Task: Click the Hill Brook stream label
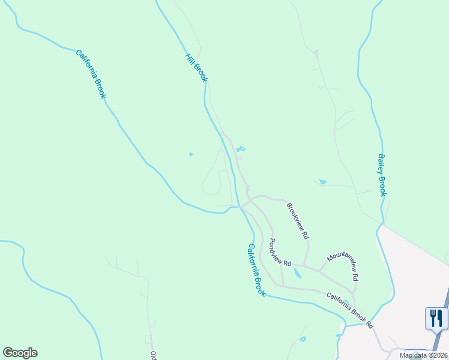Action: click(196, 68)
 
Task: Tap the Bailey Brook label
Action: click(382, 175)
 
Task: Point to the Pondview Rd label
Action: click(279, 253)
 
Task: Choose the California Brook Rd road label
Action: click(349, 310)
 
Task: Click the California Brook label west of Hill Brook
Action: click(91, 74)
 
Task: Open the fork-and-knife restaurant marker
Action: click(436, 317)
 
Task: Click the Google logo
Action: click(20, 353)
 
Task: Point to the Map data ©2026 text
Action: click(423, 355)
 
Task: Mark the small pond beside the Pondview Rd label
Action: click(297, 274)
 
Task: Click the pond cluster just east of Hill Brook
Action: click(240, 149)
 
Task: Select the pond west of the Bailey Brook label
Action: click(322, 182)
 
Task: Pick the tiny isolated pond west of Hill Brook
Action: click(191, 154)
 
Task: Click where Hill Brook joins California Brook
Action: click(239, 206)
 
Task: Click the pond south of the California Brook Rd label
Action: click(303, 339)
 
